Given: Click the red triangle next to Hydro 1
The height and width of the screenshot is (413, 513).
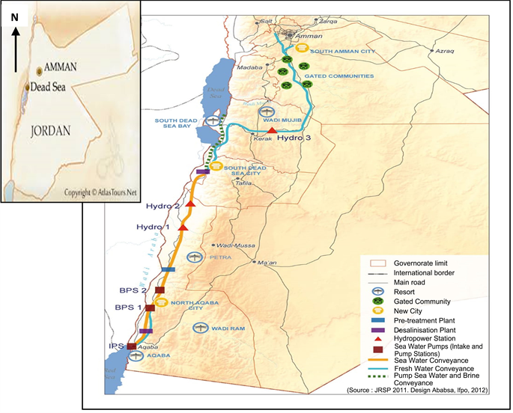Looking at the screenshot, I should coord(183,227).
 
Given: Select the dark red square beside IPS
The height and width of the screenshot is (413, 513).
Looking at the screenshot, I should coord(132,346).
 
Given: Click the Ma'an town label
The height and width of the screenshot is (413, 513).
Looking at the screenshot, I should coord(266,263).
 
